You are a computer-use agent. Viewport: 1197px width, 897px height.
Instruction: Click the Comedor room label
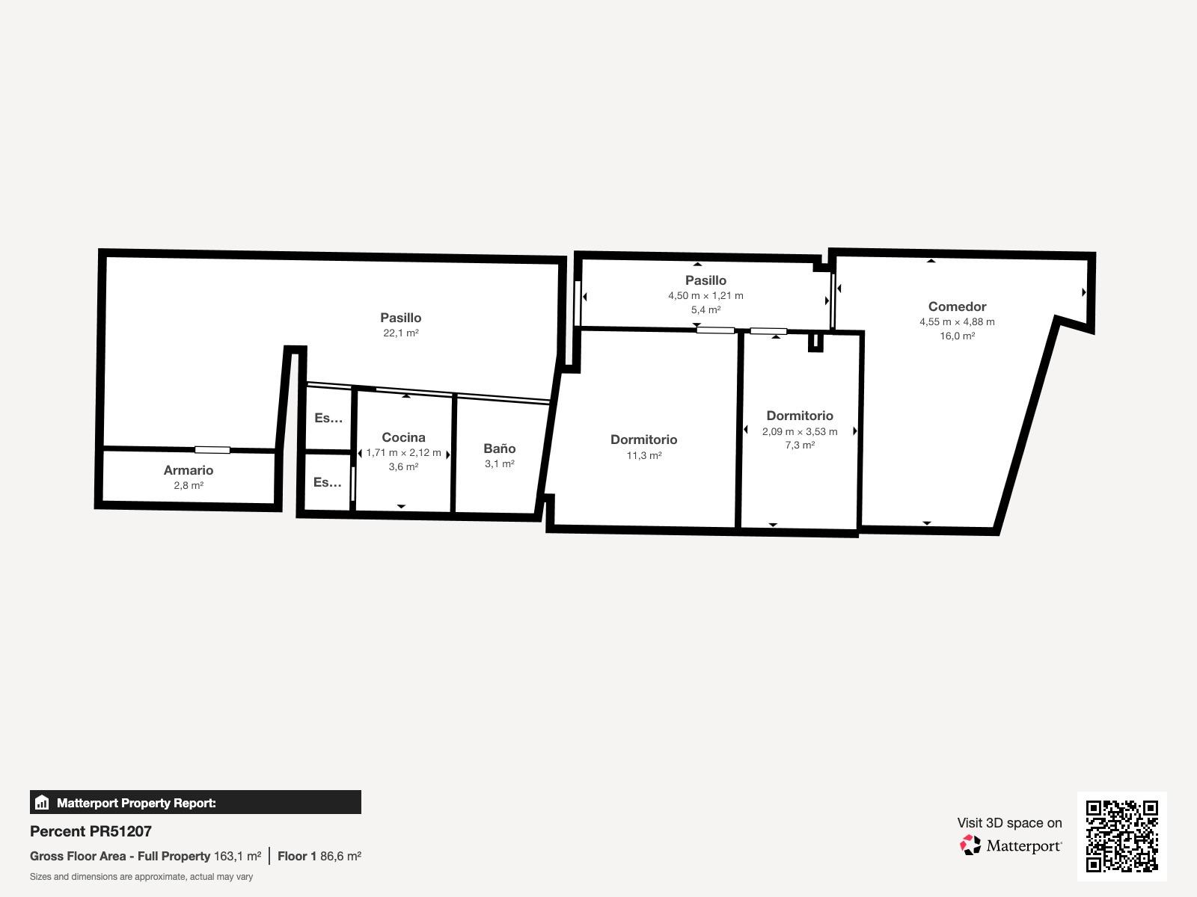point(957,306)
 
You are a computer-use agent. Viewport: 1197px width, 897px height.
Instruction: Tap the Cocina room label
point(403,437)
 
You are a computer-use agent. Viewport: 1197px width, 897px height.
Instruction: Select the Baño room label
point(500,449)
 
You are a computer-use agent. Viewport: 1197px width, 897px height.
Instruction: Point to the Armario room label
point(188,470)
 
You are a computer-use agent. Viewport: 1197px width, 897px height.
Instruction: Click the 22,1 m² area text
point(401,333)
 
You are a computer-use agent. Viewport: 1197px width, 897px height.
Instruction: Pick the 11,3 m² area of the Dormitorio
point(644,455)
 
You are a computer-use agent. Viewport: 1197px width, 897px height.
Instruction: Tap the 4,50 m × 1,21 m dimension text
point(705,296)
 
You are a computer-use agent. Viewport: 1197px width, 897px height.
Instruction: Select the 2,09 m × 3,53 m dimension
point(800,431)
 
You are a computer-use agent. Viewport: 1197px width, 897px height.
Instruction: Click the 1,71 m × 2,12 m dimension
point(403,452)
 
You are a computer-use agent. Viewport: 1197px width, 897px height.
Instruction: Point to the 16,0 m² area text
point(957,336)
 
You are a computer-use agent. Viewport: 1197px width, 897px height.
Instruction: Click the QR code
point(1121,836)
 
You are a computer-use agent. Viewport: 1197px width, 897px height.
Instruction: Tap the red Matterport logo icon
point(970,845)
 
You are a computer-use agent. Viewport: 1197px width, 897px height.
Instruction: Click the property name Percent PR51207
point(91,831)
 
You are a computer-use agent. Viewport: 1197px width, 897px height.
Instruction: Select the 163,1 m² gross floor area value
point(237,856)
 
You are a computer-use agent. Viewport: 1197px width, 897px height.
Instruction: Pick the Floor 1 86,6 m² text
point(319,856)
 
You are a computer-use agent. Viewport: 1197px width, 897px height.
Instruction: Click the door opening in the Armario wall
point(212,450)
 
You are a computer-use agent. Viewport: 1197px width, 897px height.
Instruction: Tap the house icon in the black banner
point(42,802)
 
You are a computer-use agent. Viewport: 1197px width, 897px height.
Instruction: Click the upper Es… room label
point(328,418)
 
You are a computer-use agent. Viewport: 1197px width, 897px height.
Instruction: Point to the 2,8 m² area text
point(189,485)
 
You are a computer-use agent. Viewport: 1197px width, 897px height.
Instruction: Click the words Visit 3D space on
point(1009,823)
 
